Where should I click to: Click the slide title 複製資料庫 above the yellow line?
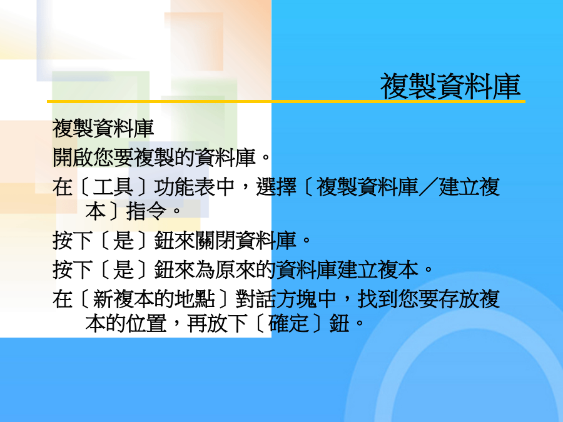pyautogui.click(x=450, y=86)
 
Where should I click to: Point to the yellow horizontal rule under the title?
pyautogui.click(x=286, y=102)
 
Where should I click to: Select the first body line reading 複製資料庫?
pyautogui.click(x=103, y=128)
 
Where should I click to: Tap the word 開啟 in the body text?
pyautogui.click(x=73, y=157)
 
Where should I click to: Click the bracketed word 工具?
pyautogui.click(x=113, y=187)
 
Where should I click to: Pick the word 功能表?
pyautogui.click(x=184, y=187)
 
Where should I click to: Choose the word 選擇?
pyautogui.click(x=276, y=187)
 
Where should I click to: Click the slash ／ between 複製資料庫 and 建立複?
pyautogui.click(x=429, y=187)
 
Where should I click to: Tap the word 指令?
pyautogui.click(x=146, y=211)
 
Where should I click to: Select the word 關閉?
pyautogui.click(x=215, y=240)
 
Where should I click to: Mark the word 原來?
pyautogui.click(x=235, y=269)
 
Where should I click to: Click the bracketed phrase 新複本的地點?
pyautogui.click(x=154, y=299)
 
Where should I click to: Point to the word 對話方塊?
pyautogui.click(x=276, y=299)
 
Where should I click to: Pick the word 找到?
pyautogui.click(x=378, y=299)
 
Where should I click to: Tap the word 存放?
pyautogui.click(x=459, y=299)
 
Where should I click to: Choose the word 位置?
pyautogui.click(x=146, y=323)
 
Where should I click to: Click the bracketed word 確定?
pyautogui.click(x=288, y=323)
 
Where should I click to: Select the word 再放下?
pyautogui.click(x=217, y=323)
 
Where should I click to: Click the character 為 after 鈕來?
pyautogui.click(x=205, y=269)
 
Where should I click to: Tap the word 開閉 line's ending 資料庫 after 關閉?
pyautogui.click(x=266, y=240)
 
